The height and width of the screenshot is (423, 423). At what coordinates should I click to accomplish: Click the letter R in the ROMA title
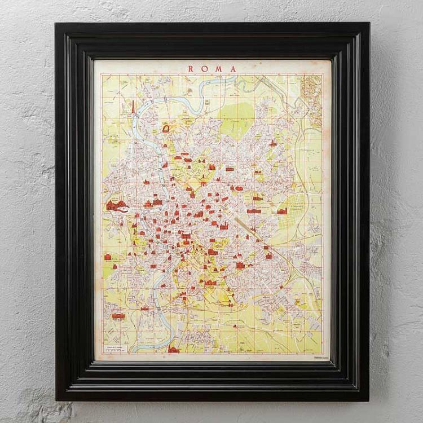191,69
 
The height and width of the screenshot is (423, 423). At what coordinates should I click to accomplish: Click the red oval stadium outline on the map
168,129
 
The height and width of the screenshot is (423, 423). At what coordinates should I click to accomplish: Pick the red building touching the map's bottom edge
173,350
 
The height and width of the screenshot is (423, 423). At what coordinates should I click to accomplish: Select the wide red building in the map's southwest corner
118,316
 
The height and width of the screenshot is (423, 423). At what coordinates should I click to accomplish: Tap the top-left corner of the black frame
56,24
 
